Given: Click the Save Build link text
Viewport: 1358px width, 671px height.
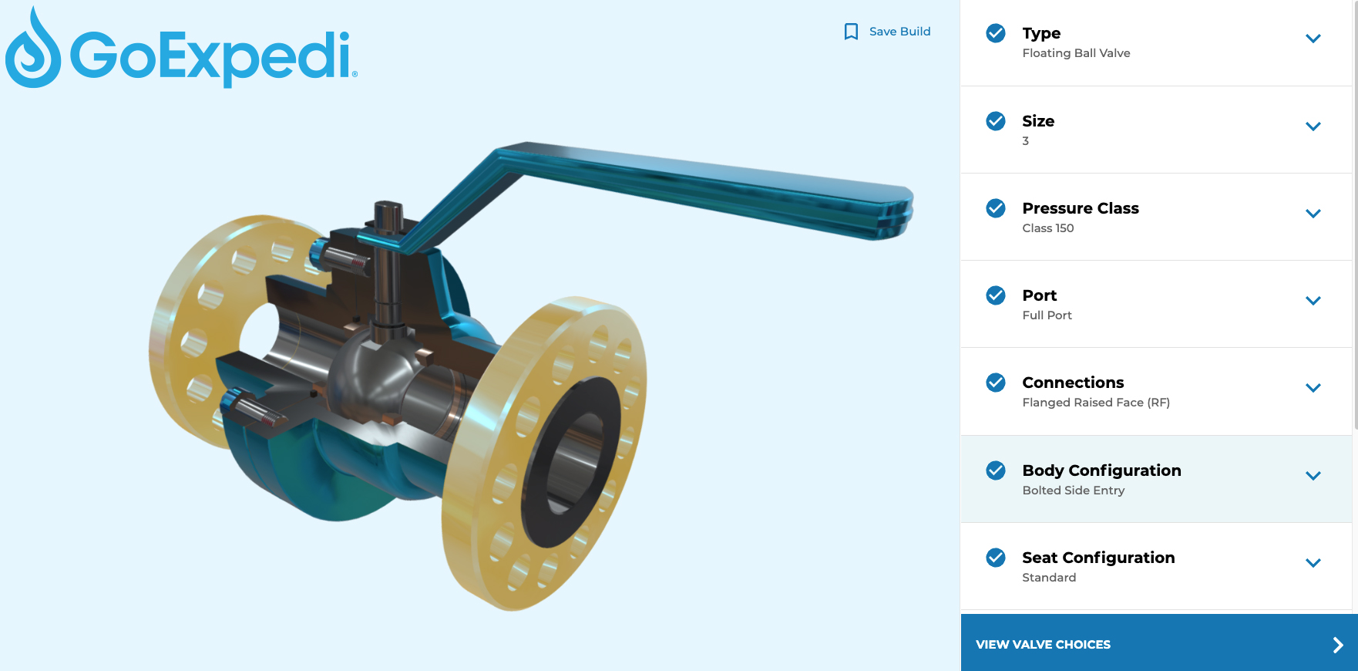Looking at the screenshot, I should (899, 32).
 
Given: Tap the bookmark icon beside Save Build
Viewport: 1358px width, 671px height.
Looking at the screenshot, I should (851, 32).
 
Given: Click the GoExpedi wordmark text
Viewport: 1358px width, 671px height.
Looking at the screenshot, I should (212, 56).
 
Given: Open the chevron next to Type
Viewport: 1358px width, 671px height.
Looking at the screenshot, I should (1313, 39).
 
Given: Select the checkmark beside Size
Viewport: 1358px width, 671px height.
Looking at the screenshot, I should (996, 121).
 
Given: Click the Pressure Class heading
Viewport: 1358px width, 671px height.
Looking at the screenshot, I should (1080, 208).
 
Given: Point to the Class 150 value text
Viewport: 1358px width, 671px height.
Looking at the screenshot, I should (1047, 228).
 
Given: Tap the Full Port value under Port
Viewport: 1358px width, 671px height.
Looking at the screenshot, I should (1047, 315).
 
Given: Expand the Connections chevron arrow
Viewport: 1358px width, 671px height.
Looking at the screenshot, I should (1313, 388).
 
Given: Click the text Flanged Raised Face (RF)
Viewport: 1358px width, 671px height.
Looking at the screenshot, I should (1095, 403).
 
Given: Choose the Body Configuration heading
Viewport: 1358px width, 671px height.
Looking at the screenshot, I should (1101, 470).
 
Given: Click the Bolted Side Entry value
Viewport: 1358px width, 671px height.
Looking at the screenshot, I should (1073, 491).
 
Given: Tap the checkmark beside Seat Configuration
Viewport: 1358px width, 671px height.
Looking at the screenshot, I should (996, 558).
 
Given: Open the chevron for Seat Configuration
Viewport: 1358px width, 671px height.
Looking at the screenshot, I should (1313, 563).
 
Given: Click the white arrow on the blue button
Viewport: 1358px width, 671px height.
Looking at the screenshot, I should (1338, 645).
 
